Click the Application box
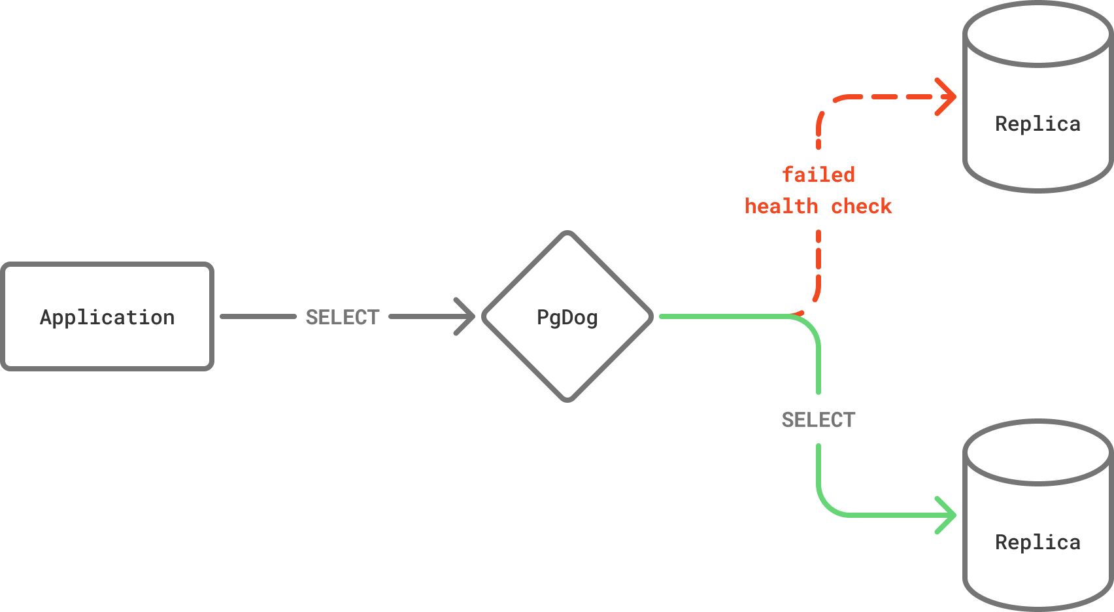[107, 347]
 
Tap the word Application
[107, 318]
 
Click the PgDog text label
[567, 318]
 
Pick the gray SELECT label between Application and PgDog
[343, 317]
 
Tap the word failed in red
[819, 175]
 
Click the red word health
[781, 207]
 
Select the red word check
[861, 207]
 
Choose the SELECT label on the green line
[819, 420]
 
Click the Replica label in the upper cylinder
[1038, 124]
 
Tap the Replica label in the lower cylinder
[1038, 543]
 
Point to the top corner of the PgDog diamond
[567, 234]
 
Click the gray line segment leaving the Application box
[258, 316]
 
